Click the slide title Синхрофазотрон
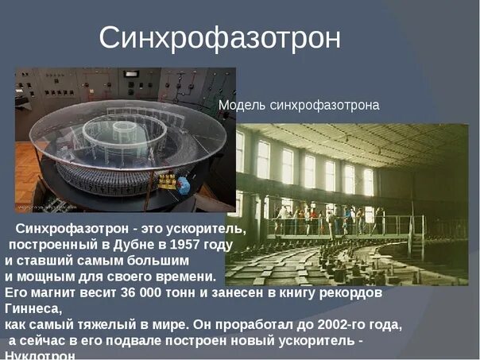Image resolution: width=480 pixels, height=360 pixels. pos(219,37)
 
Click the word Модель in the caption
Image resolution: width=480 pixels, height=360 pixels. pos(242,105)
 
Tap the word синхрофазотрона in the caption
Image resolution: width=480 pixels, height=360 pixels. pos(324,105)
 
